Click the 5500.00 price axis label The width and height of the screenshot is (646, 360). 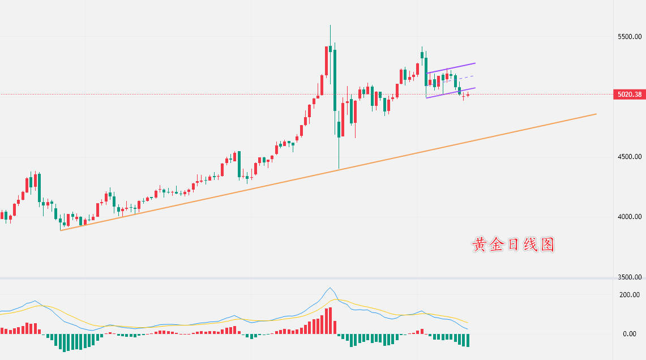[629, 36]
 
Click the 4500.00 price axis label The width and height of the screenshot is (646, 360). [629, 156]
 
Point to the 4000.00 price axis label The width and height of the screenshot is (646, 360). [629, 216]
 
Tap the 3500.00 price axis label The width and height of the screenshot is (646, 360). [629, 277]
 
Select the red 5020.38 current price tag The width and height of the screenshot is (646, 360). [629, 95]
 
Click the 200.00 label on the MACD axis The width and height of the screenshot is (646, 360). [629, 294]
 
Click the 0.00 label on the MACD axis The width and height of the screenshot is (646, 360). [629, 334]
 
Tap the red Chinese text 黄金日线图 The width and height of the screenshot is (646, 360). [513, 245]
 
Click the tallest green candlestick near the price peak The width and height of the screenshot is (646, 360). [335, 79]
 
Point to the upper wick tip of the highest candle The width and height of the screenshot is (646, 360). [330, 25]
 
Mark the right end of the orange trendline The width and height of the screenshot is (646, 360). [596, 114]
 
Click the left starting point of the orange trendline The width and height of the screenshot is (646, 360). [61, 230]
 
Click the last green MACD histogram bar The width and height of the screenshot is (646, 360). [468, 340]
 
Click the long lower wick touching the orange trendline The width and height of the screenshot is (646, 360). [339, 153]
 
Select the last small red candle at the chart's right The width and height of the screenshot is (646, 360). [468, 95]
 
